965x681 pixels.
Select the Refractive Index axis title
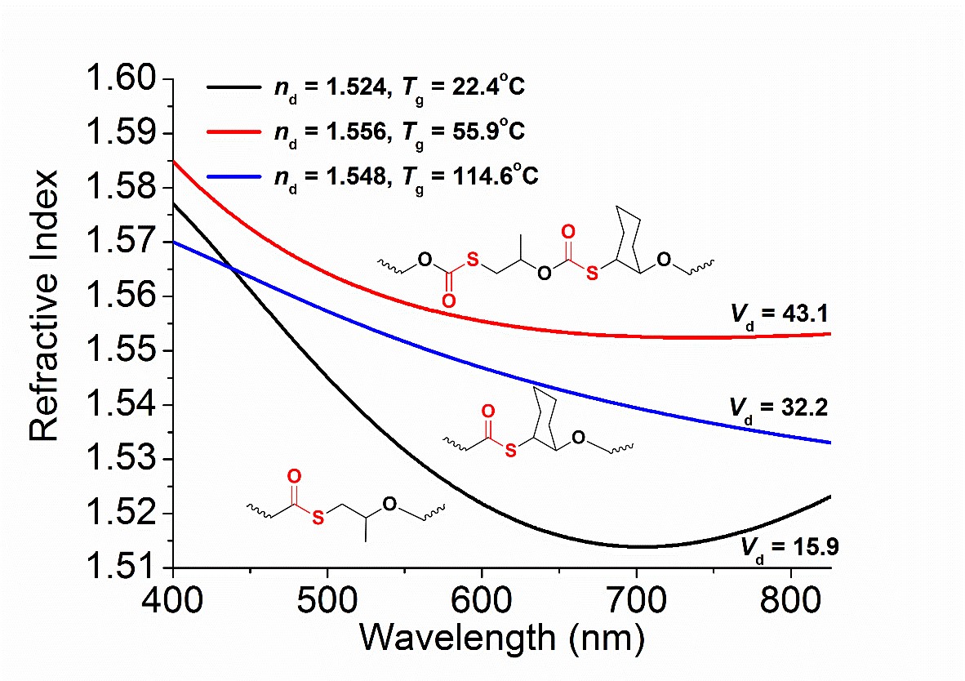coord(46,306)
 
